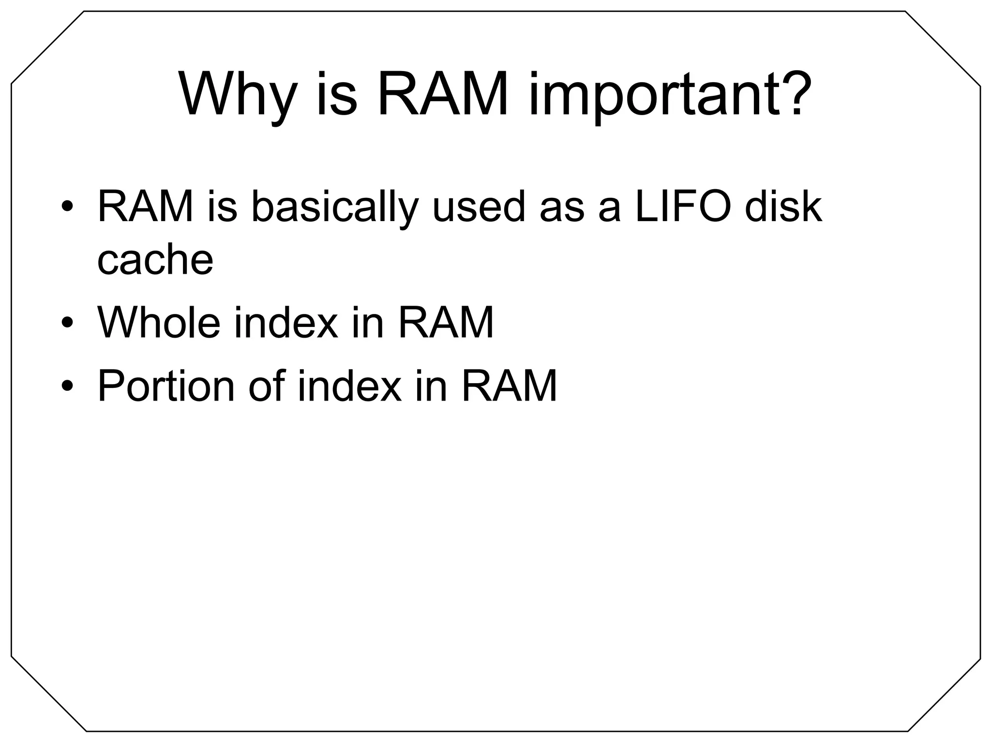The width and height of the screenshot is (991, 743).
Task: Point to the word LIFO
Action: (683, 207)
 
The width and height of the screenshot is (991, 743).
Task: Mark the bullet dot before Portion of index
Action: (67, 386)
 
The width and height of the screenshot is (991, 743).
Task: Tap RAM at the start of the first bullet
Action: (145, 207)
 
